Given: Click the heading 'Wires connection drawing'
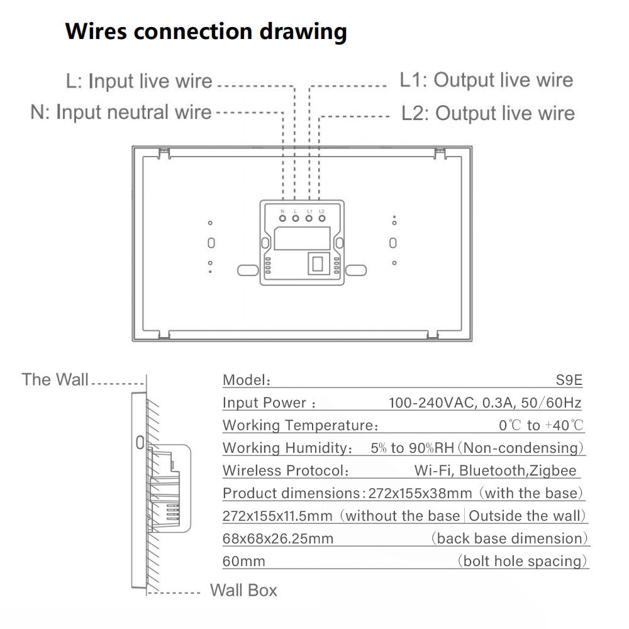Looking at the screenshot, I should click(206, 31).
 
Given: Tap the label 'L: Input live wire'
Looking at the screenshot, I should click(139, 82).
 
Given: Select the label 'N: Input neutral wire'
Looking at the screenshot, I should click(121, 113).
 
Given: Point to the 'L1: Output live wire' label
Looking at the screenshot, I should click(486, 81).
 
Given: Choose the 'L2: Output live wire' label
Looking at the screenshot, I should click(488, 113).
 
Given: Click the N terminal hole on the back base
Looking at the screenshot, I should click(282, 219).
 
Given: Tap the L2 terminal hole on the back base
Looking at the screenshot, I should click(322, 219).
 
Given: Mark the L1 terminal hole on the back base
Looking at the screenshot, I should click(309, 219).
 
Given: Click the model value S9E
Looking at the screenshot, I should click(568, 380).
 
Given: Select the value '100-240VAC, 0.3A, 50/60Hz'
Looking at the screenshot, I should click(484, 403).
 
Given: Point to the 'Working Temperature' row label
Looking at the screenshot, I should click(298, 425).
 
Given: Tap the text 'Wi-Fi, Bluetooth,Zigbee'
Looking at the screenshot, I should click(495, 470).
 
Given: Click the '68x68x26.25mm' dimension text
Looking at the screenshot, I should click(278, 538).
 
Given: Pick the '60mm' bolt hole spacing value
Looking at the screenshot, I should click(244, 561).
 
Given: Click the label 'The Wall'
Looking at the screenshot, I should click(55, 380).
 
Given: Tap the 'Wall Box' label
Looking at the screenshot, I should click(243, 590).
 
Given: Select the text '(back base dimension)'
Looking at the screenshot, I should click(509, 538).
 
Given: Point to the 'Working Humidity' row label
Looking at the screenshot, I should click(287, 448).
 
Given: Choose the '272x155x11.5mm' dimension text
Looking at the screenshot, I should click(277, 516).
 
